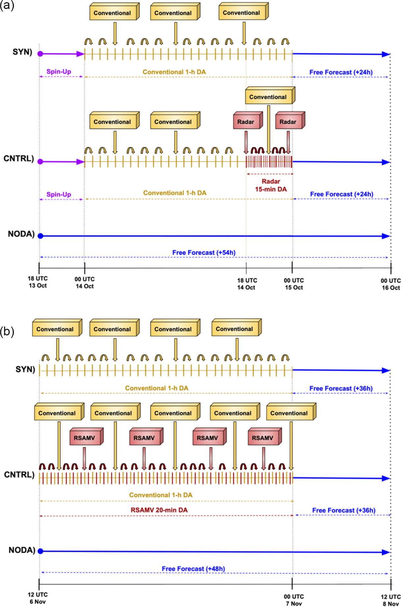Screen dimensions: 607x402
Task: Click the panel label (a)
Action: pyautogui.click(x=7, y=5)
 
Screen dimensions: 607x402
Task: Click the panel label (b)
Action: pyautogui.click(x=7, y=331)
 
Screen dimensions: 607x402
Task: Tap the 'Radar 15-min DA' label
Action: pyautogui.click(x=271, y=185)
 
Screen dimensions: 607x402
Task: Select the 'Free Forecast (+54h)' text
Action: pyautogui.click(x=204, y=253)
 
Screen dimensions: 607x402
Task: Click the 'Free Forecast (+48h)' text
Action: pyautogui.click(x=193, y=569)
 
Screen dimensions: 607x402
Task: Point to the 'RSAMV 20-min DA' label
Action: pyautogui.click(x=159, y=510)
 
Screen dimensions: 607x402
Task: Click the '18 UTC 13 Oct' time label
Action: pyautogui.click(x=38, y=282)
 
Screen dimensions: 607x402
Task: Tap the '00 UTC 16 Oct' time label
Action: pyautogui.click(x=391, y=284)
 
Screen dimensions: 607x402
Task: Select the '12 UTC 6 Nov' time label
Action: pyautogui.click(x=38, y=598)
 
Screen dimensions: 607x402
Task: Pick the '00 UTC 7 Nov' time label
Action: pyautogui.click(x=294, y=600)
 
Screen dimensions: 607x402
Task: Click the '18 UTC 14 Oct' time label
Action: pyautogui.click(x=247, y=284)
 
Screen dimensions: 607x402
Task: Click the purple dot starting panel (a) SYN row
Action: pyautogui.click(x=40, y=54)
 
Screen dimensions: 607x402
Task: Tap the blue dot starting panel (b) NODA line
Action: pyautogui.click(x=40, y=551)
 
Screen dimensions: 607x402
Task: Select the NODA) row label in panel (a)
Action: pyautogui.click(x=21, y=234)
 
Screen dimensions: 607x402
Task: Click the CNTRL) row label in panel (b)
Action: pyautogui.click(x=19, y=475)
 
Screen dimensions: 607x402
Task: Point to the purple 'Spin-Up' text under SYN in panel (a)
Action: pyautogui.click(x=59, y=72)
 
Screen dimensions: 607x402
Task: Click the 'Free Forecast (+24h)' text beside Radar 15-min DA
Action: pyautogui.click(x=341, y=194)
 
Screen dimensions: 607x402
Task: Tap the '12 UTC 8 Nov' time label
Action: pyautogui.click(x=391, y=600)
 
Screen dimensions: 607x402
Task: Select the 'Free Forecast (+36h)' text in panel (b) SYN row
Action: pyautogui.click(x=341, y=389)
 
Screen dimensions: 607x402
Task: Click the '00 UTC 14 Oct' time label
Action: pyautogui.click(x=85, y=283)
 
